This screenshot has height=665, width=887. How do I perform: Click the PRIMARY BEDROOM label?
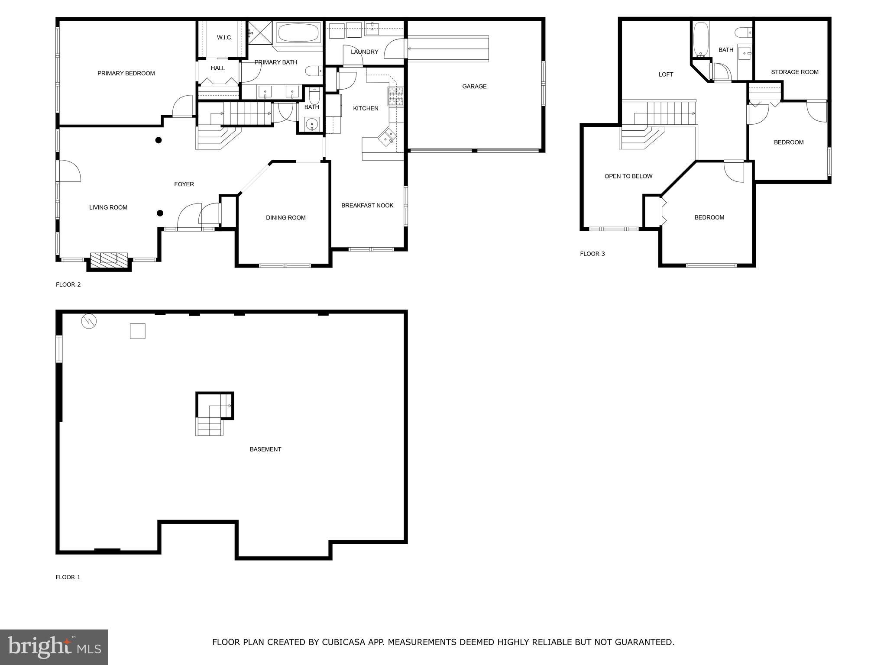(126, 74)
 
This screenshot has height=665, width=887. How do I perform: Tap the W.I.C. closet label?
(224, 38)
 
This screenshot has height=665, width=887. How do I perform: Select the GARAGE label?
(474, 87)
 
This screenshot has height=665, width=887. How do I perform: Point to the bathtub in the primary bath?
(298, 32)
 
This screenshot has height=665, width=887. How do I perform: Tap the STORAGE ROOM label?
(794, 72)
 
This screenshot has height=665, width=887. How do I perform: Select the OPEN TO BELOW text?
(628, 176)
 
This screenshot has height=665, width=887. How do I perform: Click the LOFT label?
(666, 74)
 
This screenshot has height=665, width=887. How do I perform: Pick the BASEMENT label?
(265, 449)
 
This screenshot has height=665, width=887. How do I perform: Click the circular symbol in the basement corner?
(89, 321)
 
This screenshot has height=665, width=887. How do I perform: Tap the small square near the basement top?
(138, 331)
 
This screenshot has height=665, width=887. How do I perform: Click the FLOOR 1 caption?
(68, 577)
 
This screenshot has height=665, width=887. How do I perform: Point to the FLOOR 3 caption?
(592, 254)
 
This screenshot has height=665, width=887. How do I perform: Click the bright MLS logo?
(54, 647)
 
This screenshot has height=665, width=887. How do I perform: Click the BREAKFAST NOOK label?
(367, 206)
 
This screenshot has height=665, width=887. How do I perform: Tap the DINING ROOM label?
(285, 218)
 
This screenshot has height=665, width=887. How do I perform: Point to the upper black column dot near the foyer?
(159, 140)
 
